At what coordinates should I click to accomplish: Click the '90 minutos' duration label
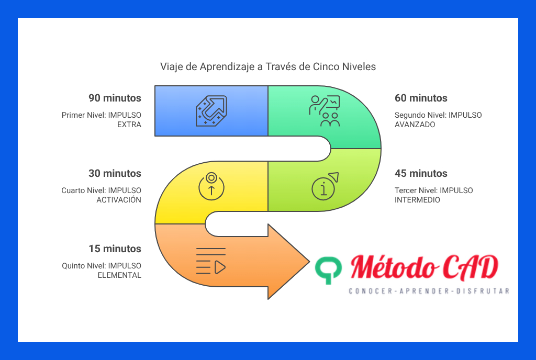click(115, 98)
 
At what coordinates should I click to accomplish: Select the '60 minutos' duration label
click(421, 98)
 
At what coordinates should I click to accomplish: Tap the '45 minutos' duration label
click(421, 174)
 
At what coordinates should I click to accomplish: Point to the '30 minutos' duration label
click(115, 174)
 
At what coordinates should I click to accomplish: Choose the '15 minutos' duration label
click(115, 249)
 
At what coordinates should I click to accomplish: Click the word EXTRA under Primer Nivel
click(129, 125)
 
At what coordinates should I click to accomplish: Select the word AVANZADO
click(415, 125)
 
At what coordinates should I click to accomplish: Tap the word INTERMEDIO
click(417, 200)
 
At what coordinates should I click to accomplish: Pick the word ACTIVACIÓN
click(119, 199)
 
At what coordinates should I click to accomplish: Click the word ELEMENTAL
click(119, 275)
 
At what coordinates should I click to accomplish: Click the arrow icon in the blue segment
click(211, 111)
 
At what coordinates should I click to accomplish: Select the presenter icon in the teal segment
click(325, 111)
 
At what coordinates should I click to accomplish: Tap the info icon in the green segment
click(325, 186)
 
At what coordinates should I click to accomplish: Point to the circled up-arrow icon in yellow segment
click(211, 186)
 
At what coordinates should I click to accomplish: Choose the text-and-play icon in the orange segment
click(211, 261)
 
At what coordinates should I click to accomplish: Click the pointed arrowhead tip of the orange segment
click(310, 262)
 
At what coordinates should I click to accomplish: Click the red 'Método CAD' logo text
click(424, 267)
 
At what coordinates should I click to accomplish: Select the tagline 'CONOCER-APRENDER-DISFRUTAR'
click(429, 291)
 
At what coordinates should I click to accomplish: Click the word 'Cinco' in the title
click(326, 66)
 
